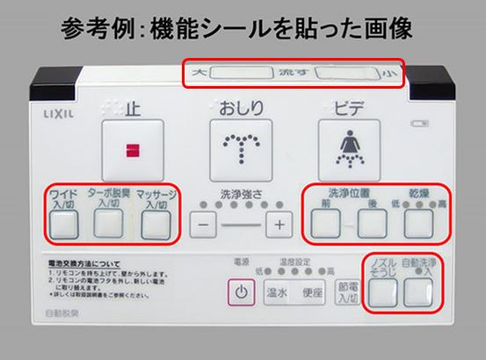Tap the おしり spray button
pos(237,144)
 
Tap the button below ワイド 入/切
pos(62,226)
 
